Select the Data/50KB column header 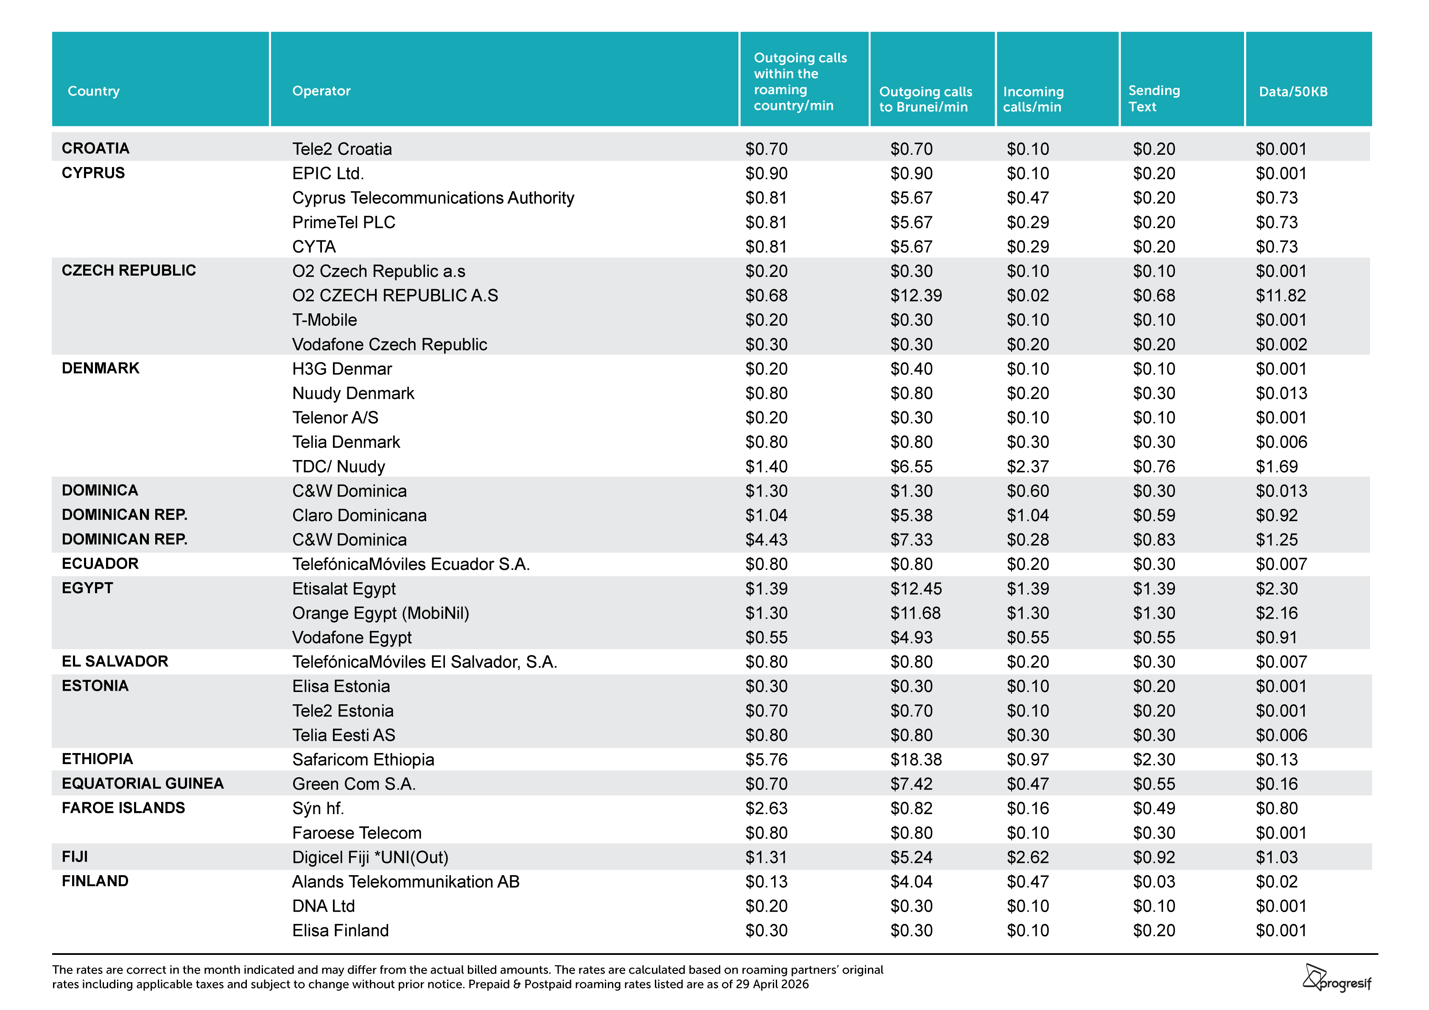point(1293,92)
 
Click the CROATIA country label point(95,148)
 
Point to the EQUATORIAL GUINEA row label point(143,784)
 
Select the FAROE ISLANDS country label point(123,808)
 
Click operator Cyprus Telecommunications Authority point(433,198)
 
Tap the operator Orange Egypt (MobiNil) point(380,613)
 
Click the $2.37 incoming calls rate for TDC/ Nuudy point(1028,467)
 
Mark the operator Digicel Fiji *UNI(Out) point(370,857)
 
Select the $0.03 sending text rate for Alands point(1154,882)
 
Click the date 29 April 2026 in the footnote point(772,984)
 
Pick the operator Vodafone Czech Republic point(390,345)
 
